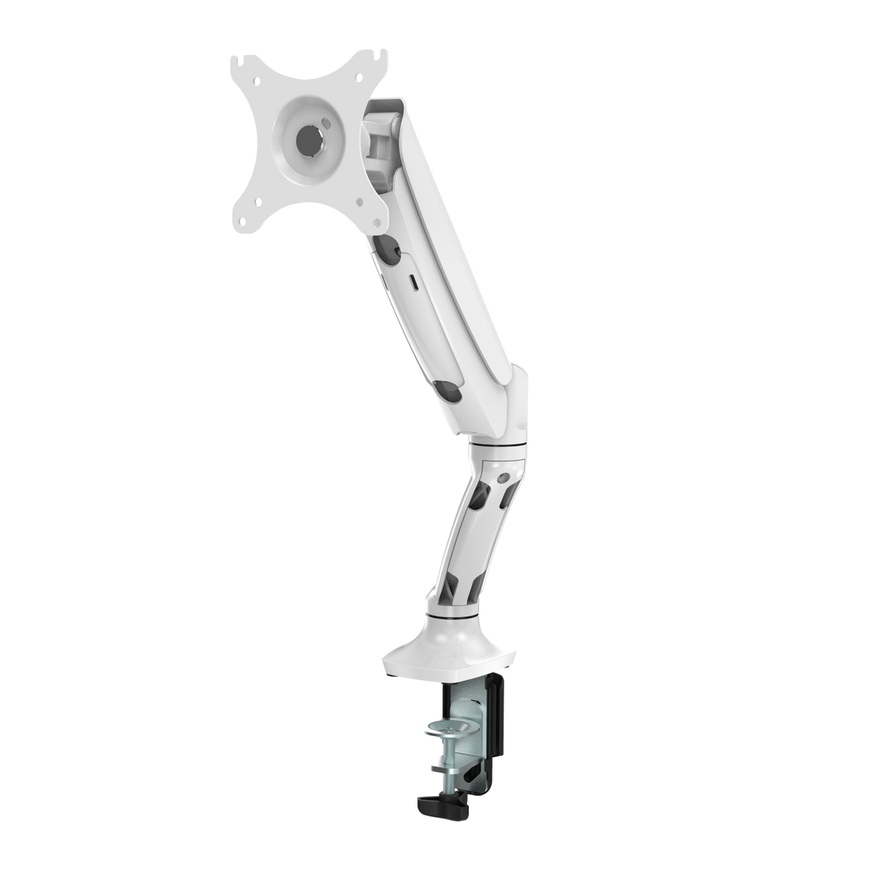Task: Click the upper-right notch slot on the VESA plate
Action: (x=383, y=52)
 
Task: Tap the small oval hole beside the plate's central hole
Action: (x=327, y=124)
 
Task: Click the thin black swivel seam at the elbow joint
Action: (x=498, y=444)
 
